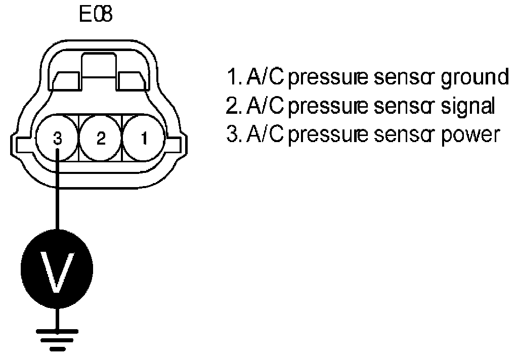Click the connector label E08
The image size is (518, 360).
click(96, 15)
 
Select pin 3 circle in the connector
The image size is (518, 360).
click(58, 138)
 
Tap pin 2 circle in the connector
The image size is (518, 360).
click(101, 138)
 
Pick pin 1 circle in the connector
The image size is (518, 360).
click(144, 138)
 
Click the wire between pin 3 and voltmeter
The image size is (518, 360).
click(58, 192)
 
